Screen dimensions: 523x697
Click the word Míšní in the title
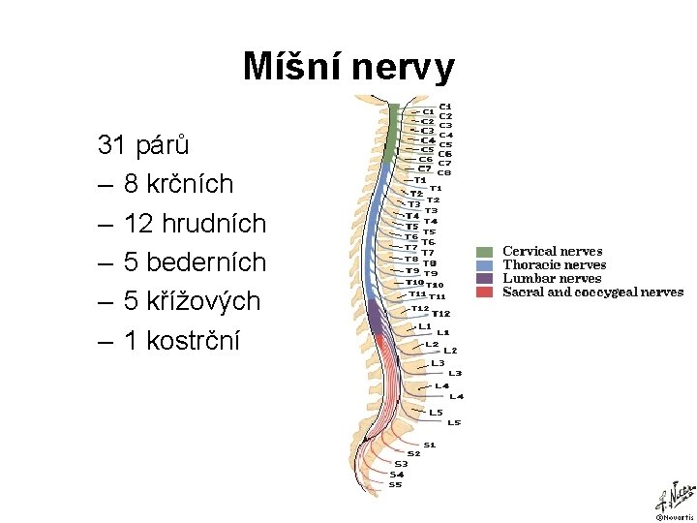(x=291, y=68)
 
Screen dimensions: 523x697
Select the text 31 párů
(x=143, y=146)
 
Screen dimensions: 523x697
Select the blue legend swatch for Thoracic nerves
(x=485, y=265)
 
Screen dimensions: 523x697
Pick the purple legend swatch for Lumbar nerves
(x=485, y=278)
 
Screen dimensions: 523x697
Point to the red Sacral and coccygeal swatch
(x=485, y=292)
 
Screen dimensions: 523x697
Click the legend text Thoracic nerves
(x=554, y=265)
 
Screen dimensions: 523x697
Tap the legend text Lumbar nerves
(x=552, y=278)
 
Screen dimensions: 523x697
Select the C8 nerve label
(x=444, y=173)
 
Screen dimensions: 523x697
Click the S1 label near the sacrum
(x=429, y=445)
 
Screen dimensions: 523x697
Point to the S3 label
(x=400, y=464)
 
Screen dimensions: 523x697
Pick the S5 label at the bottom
(x=395, y=484)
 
